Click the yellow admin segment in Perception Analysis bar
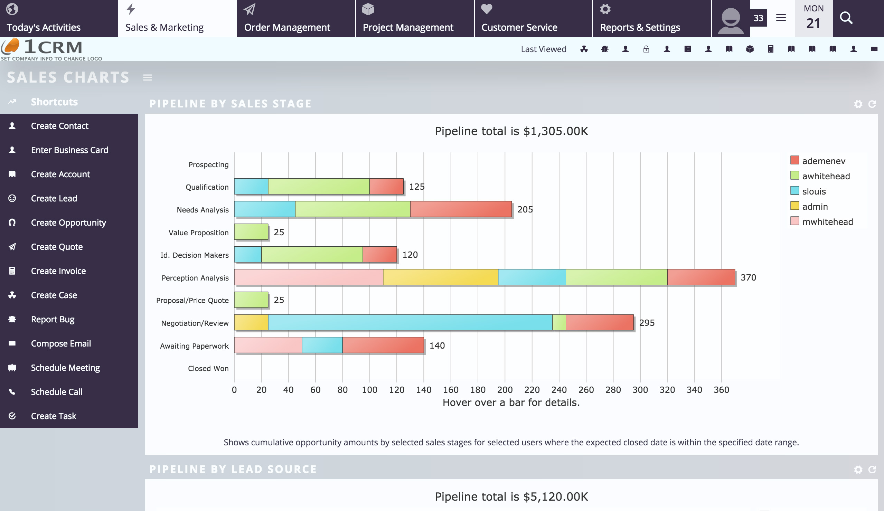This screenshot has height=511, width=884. point(440,277)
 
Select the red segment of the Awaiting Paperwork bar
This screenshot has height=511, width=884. point(383,345)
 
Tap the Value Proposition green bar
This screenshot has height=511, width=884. point(251,232)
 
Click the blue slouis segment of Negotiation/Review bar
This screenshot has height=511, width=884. point(410,322)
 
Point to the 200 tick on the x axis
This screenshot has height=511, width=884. point(505,390)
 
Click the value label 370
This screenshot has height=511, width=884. point(748,277)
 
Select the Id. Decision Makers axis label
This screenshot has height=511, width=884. point(194,255)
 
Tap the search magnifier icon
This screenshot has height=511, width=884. point(846,18)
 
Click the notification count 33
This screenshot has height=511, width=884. point(758,18)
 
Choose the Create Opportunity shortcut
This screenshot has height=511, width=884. point(68,223)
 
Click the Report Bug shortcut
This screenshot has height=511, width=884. point(53,319)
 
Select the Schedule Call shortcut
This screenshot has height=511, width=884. point(56,392)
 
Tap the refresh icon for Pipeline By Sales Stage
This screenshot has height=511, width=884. point(872,104)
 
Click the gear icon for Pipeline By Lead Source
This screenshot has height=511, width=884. point(858,470)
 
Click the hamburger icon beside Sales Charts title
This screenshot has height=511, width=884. point(147,77)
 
